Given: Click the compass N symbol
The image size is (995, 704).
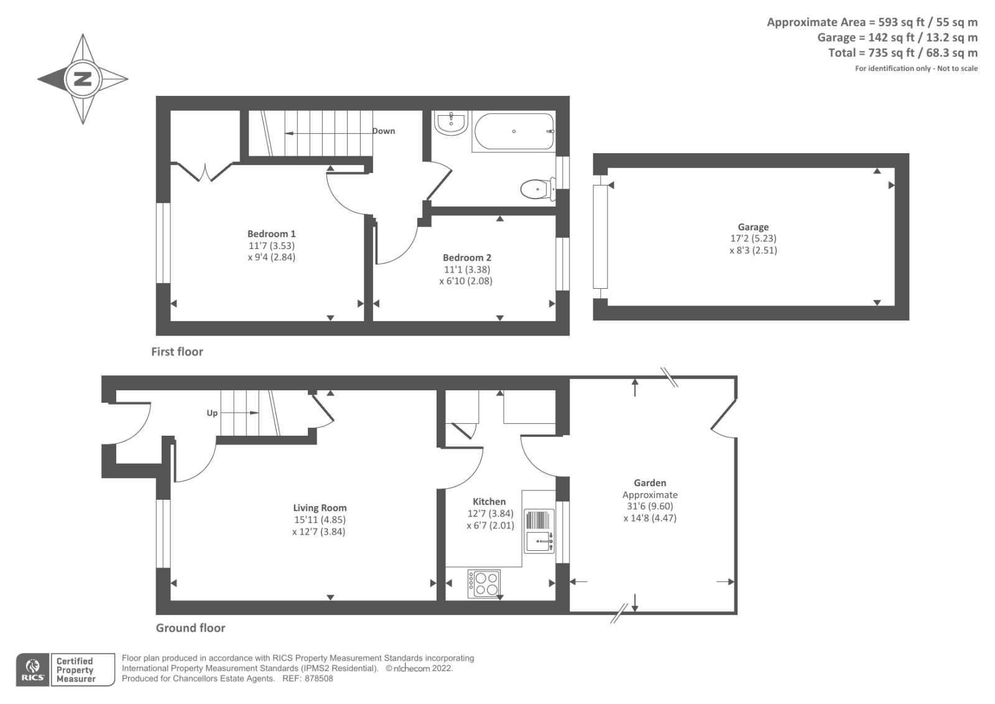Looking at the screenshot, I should [83, 79].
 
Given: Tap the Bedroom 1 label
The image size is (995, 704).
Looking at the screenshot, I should [271, 234].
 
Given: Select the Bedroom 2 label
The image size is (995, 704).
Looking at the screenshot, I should [466, 258].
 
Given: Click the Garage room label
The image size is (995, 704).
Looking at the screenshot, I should [753, 227].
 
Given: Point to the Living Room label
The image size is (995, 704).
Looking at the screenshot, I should [320, 508].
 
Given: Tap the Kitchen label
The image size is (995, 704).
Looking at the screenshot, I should [489, 502].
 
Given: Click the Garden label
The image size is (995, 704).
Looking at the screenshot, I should [650, 483].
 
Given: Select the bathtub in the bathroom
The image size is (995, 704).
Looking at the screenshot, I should [514, 131].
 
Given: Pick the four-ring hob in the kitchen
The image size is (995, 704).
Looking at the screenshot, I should [484, 584].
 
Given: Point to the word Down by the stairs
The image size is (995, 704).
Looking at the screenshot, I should [384, 131].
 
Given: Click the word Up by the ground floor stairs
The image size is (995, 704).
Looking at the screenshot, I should [212, 413].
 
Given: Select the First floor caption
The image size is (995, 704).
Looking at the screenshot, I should [177, 352].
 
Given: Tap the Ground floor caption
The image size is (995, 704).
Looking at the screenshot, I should [190, 628].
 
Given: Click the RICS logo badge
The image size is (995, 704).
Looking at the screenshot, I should [32, 670].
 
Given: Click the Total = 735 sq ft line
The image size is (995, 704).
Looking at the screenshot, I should [902, 53].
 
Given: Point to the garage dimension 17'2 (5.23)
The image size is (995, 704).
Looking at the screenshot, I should [753, 238].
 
